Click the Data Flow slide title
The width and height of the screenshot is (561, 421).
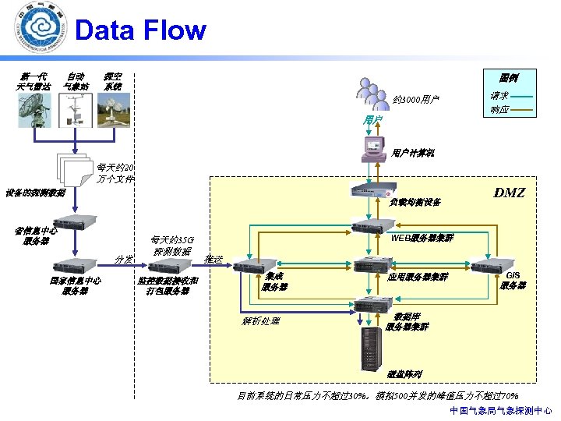pyautogui.click(x=140, y=30)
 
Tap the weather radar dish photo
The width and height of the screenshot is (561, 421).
pyautogui.click(x=34, y=110)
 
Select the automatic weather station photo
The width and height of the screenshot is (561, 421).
pyautogui.click(x=76, y=110)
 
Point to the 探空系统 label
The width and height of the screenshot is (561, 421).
pyautogui.click(x=113, y=82)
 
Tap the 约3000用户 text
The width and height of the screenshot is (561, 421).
pyautogui.click(x=416, y=101)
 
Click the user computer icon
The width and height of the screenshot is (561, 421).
pyautogui.click(x=373, y=148)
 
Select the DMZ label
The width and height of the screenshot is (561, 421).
pyautogui.click(x=510, y=193)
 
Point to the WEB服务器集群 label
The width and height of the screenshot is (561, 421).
pyautogui.click(x=422, y=237)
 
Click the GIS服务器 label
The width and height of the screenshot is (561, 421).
pyautogui.click(x=513, y=281)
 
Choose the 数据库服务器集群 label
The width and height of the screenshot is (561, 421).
pyautogui.click(x=407, y=322)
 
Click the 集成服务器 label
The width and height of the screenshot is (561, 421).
pyautogui.click(x=273, y=281)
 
